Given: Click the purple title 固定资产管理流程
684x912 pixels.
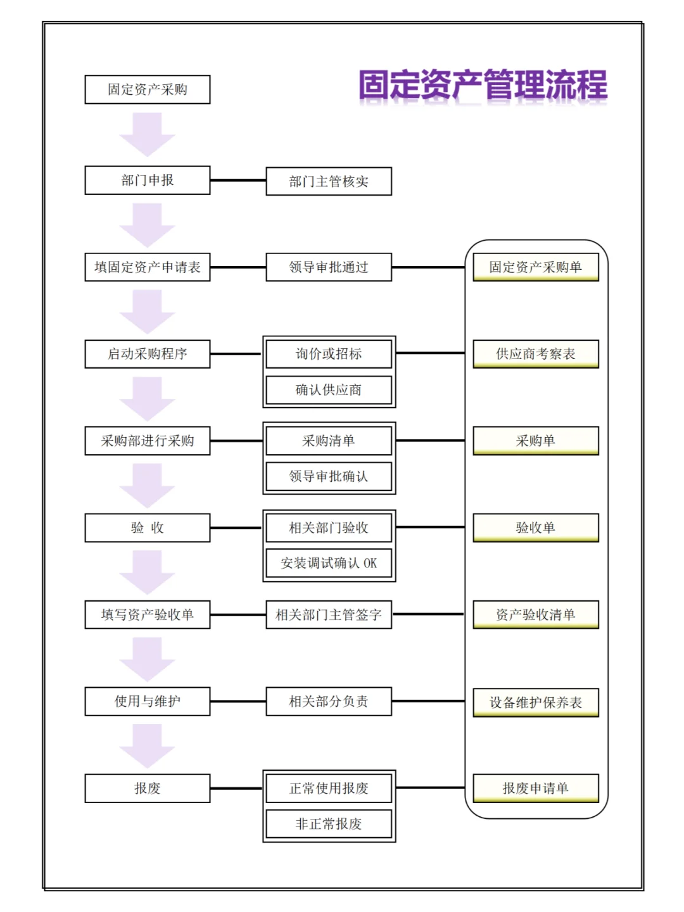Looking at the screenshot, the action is tap(483, 84).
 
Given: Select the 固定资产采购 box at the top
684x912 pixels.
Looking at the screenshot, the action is tap(148, 89).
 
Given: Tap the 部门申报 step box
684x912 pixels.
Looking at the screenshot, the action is tap(148, 180).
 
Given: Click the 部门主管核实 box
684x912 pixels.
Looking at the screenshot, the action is tap(329, 181).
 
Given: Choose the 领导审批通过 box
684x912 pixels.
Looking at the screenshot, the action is tap(329, 267).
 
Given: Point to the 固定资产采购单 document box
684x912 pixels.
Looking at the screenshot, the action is tap(536, 267).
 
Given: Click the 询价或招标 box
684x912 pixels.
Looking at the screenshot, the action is tap(329, 354).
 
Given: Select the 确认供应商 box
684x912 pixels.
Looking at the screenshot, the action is tap(329, 389).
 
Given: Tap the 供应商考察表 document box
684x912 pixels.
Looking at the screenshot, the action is tap(536, 354).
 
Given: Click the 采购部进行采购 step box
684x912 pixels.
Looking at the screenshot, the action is tap(148, 441).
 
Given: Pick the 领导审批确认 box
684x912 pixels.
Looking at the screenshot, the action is tap(329, 476).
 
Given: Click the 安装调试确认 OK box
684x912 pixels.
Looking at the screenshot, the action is tap(329, 563).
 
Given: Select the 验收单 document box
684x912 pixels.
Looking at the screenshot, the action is tap(536, 528).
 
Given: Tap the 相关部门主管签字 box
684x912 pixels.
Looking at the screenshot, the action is tap(329, 614).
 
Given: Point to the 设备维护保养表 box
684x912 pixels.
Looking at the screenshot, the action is tap(536, 702).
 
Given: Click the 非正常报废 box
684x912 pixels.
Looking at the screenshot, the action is tap(329, 823).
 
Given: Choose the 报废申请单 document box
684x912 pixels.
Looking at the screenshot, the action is tap(536, 788).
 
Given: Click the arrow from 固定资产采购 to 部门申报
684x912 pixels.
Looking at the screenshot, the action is tap(147, 135).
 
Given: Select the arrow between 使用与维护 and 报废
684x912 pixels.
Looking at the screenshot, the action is tap(147, 746).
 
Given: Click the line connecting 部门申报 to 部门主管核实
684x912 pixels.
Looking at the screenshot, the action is tap(238, 180).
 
